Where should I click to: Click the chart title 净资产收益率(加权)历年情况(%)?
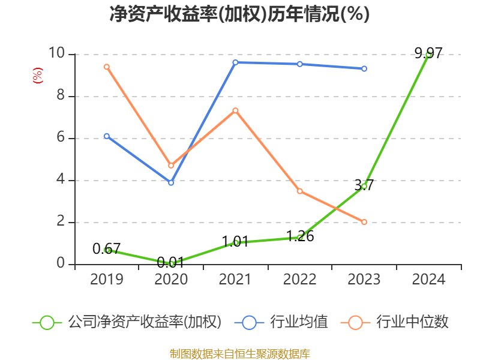[239, 14]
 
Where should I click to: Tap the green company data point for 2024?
[428, 54]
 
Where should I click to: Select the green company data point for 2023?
[364, 186]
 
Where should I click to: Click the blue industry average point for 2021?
[235, 62]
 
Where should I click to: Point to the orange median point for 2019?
[106, 67]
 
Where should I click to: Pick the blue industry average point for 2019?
[106, 136]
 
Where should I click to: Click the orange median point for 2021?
[235, 110]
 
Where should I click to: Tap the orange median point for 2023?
[364, 222]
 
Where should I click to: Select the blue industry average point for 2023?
[364, 68]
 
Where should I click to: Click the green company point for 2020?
[171, 263]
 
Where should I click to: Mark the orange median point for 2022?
[300, 191]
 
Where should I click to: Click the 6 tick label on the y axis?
[61, 138]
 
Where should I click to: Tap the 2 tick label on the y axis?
[61, 222]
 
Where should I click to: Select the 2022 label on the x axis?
[300, 280]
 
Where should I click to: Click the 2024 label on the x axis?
[428, 280]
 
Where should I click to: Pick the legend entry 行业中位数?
[396, 322]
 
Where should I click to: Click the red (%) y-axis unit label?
[37, 76]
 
